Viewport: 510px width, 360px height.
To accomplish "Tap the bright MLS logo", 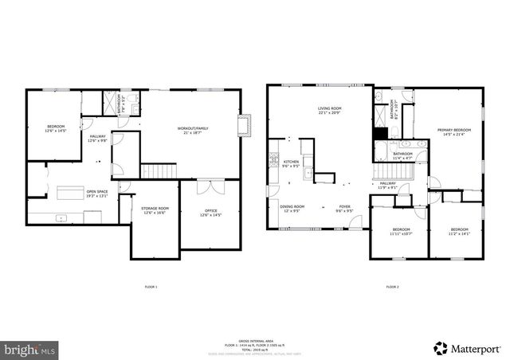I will pyautogui.click(x=30, y=348).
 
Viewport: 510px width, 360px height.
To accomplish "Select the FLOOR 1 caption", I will pyautogui.click(x=151, y=287).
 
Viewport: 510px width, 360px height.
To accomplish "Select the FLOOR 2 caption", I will pyautogui.click(x=392, y=287).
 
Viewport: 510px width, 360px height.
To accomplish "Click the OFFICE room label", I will pyautogui.click(x=210, y=212).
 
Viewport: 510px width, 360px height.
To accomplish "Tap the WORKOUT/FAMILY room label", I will pyautogui.click(x=193, y=130).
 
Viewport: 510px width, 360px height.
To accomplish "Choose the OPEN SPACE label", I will pyautogui.click(x=97, y=193).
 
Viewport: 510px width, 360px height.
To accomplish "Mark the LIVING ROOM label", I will pyautogui.click(x=329, y=110).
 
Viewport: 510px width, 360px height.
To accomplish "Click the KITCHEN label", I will pyautogui.click(x=291, y=163).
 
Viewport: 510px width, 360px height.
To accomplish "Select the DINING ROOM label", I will pyautogui.click(x=290, y=208).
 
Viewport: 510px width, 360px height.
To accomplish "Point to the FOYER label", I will pyautogui.click(x=344, y=208).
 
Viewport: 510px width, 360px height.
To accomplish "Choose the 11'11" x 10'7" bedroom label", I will pyautogui.click(x=400, y=230).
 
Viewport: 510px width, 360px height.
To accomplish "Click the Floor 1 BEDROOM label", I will pyautogui.click(x=55, y=127).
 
